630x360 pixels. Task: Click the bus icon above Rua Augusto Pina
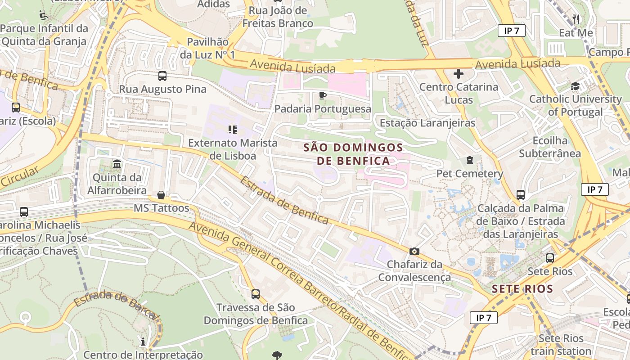[162, 76]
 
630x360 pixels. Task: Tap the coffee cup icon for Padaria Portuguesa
[322, 95]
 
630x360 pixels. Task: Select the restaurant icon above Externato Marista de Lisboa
[233, 130]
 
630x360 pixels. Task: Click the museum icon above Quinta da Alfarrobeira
[117, 164]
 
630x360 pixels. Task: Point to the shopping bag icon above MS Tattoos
[161, 195]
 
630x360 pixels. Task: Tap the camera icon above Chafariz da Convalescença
[414, 251]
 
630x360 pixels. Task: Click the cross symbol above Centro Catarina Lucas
[459, 73]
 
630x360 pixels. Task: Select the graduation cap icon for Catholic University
[575, 86]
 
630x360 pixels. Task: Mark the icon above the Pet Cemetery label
[470, 160]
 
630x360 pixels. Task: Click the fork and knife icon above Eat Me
[576, 19]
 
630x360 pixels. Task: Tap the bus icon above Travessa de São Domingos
[256, 294]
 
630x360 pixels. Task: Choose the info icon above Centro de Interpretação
[143, 342]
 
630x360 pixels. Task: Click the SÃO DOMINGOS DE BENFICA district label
[353, 154]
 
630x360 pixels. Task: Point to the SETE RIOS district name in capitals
[522, 289]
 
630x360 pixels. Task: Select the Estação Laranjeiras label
[427, 123]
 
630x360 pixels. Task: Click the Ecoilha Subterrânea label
[550, 147]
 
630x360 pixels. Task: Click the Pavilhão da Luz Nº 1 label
[207, 48]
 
